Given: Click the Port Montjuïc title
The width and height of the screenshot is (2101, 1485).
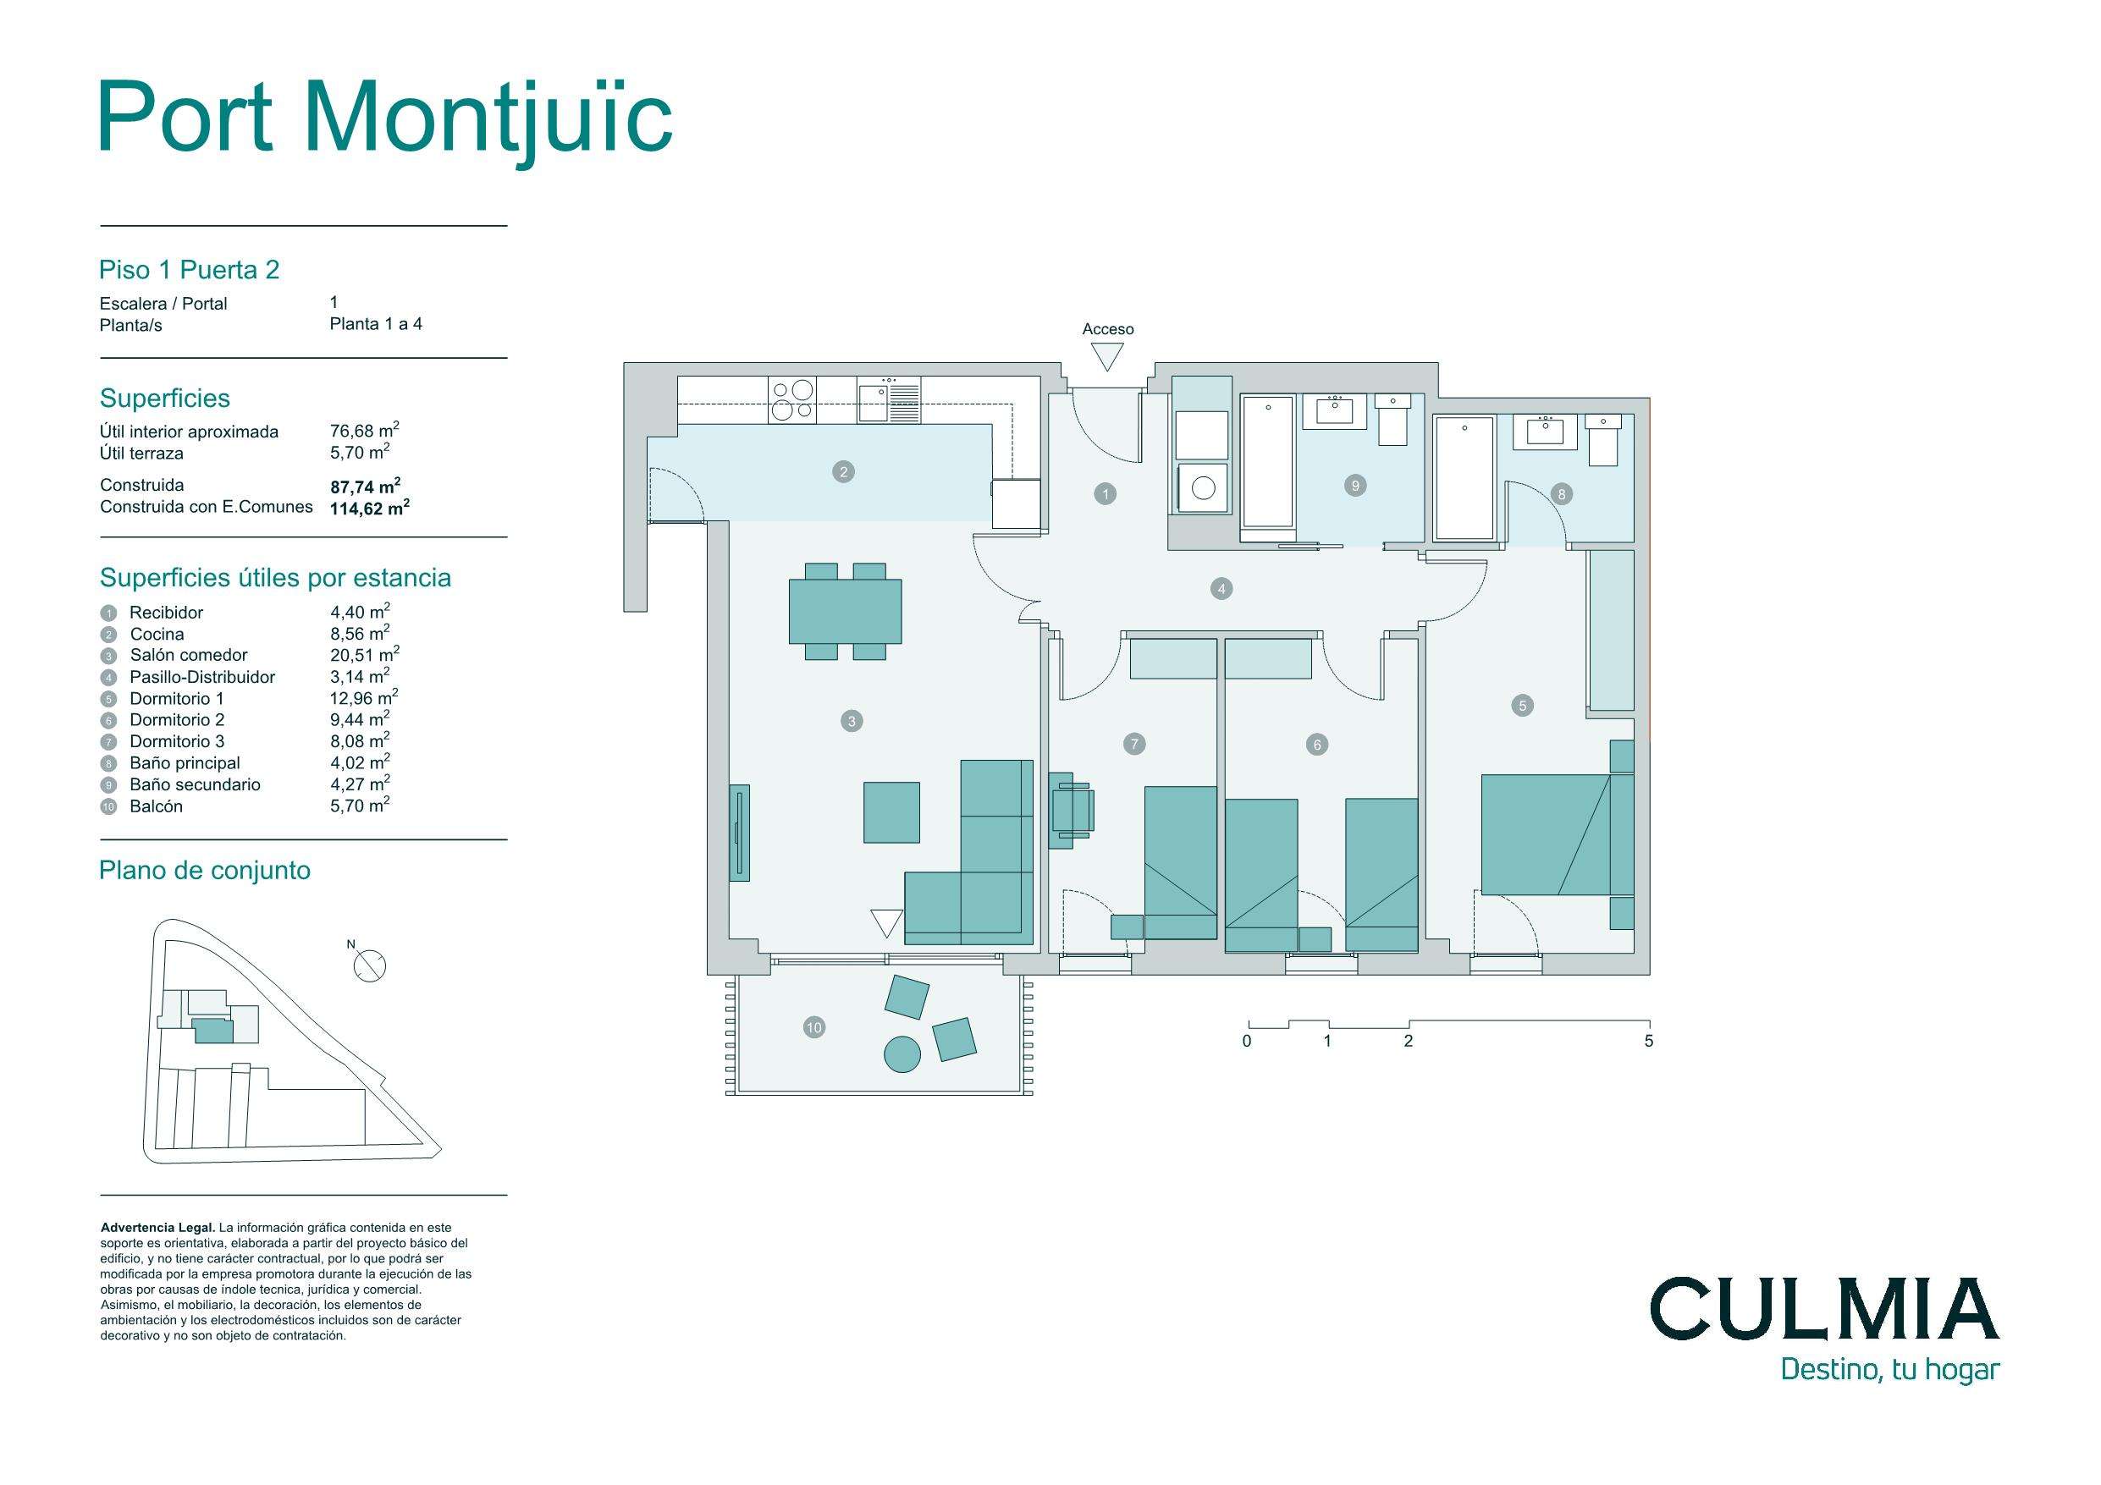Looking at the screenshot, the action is (385, 119).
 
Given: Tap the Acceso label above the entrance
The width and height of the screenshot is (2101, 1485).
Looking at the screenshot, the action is (1107, 329).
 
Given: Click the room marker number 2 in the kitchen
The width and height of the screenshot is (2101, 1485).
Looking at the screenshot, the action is (843, 472).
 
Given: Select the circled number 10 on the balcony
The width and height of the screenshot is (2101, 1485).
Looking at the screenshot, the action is (813, 1027).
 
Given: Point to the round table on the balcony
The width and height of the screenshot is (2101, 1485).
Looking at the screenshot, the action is (902, 1055).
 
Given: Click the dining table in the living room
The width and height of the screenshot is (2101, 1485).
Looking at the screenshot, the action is (845, 611).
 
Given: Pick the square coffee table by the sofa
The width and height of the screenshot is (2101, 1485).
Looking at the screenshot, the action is (891, 812).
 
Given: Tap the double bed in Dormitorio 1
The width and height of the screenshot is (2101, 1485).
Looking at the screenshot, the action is (1546, 834).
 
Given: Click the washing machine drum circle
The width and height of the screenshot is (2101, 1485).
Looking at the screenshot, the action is (1204, 487).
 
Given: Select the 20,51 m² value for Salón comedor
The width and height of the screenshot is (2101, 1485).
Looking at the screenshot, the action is (364, 654).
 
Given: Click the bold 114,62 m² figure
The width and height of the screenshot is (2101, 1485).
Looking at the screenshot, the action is (370, 508).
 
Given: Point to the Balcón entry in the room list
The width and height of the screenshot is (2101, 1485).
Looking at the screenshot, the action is (156, 806).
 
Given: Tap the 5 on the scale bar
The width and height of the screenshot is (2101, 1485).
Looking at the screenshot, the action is (1649, 1042).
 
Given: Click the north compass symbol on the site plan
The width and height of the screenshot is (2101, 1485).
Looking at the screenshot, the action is (370, 966).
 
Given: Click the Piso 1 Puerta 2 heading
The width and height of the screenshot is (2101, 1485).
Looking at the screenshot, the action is (190, 270).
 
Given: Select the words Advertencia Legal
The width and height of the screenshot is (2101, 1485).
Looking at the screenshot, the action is (157, 1228).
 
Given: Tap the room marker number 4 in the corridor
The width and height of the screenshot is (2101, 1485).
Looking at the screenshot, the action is (1221, 589).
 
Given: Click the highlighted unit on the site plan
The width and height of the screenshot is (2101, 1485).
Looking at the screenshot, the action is (213, 1031).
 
